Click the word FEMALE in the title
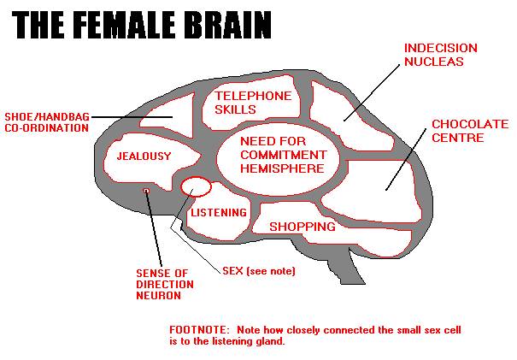click(x=121, y=25)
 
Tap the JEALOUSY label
click(x=144, y=156)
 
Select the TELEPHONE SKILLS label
click(x=253, y=103)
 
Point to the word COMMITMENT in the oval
click(x=283, y=155)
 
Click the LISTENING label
click(x=219, y=213)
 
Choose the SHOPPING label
click(x=303, y=227)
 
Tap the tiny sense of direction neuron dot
click(x=146, y=191)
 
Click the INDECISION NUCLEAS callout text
click(x=440, y=55)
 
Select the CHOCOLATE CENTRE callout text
click(x=470, y=131)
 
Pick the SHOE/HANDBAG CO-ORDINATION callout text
click(x=47, y=122)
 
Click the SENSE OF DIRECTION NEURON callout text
click(x=165, y=284)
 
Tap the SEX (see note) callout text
click(x=258, y=271)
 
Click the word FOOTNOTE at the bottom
click(x=198, y=329)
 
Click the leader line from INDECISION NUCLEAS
click(x=372, y=93)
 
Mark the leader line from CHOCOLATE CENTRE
click(x=406, y=159)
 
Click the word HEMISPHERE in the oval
click(x=282, y=168)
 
